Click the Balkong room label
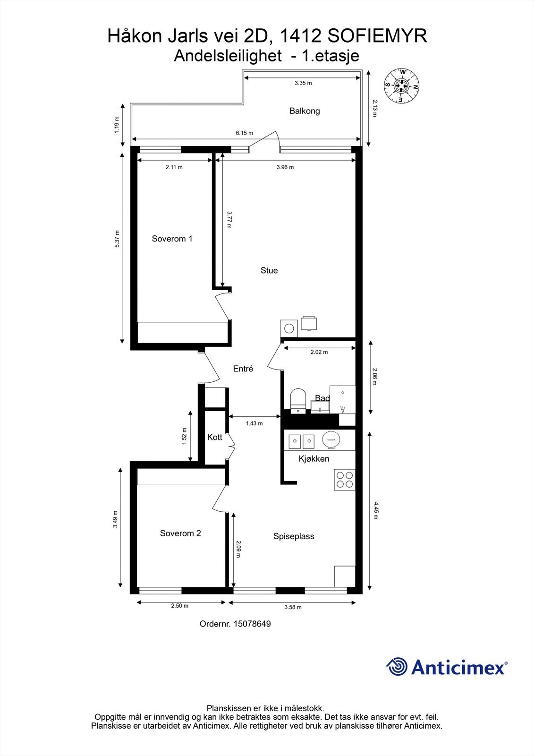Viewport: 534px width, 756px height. (x=305, y=111)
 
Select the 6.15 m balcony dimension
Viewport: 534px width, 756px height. (x=245, y=133)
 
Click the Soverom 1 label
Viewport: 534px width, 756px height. (x=172, y=239)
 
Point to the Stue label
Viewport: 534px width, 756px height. (x=269, y=270)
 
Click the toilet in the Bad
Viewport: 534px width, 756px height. (x=297, y=400)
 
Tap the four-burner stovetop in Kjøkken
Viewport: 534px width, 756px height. (x=344, y=479)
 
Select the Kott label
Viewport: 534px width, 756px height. (x=215, y=437)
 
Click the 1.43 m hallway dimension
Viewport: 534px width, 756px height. (x=254, y=423)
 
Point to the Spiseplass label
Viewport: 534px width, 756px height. (x=294, y=536)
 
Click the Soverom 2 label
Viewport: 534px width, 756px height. (x=180, y=533)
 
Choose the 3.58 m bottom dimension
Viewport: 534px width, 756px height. (x=293, y=607)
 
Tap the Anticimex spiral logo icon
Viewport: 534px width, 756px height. (x=397, y=667)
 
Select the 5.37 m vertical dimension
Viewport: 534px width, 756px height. (x=118, y=239)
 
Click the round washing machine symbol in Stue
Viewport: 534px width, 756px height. (x=289, y=327)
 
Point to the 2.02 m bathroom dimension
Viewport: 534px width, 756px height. (x=319, y=352)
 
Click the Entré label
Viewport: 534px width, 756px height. (x=243, y=369)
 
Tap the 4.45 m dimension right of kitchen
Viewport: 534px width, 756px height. (x=376, y=510)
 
